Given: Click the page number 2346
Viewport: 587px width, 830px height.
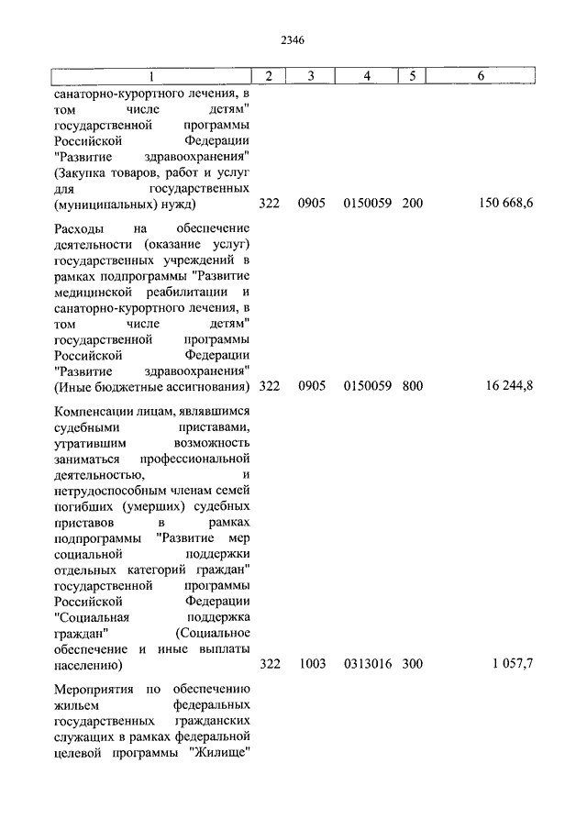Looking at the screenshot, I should pyautogui.click(x=293, y=40).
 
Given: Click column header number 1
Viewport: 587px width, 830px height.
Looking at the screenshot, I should pyautogui.click(x=152, y=75).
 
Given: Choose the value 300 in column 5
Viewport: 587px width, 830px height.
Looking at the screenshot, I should pyautogui.click(x=412, y=664).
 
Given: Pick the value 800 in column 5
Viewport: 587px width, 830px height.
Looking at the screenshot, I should pyautogui.click(x=412, y=386).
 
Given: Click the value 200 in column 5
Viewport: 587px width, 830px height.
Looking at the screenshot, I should pyautogui.click(x=412, y=203).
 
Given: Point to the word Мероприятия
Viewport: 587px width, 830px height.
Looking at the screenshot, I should pyautogui.click(x=95, y=689).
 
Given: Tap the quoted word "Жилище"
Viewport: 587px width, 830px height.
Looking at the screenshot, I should pyautogui.click(x=221, y=757).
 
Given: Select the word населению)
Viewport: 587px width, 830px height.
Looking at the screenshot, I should pyautogui.click(x=89, y=664).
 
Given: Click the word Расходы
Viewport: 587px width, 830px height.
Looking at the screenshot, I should pyautogui.click(x=80, y=227).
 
